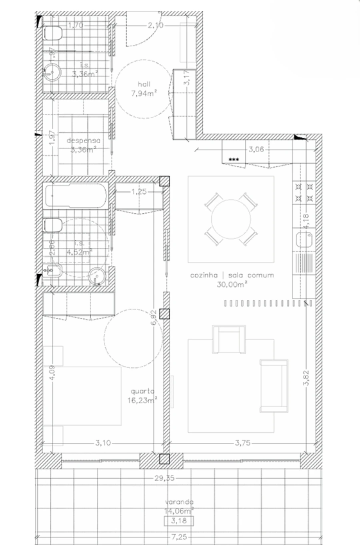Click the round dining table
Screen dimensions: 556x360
(231, 219)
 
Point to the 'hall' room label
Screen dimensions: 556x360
(144, 84)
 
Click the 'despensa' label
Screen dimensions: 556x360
(84, 141)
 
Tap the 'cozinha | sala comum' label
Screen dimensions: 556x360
(232, 275)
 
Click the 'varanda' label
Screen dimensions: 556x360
(179, 502)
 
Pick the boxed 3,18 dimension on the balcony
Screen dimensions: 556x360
(179, 521)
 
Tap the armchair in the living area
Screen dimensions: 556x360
(229, 339)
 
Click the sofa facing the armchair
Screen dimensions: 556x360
(274, 385)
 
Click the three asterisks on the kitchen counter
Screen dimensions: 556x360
(234, 160)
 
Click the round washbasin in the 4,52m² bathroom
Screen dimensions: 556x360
(96, 276)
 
